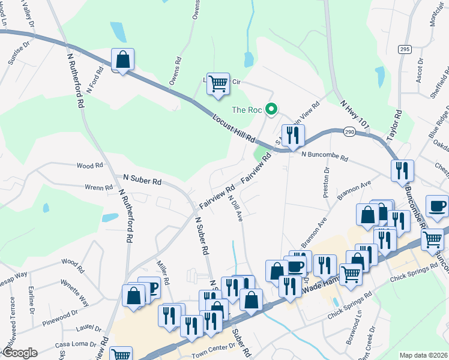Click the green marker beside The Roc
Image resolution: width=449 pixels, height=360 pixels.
[271, 109]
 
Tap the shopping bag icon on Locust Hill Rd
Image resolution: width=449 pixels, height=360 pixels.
[122, 60]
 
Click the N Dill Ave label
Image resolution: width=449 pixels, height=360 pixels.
[235, 208]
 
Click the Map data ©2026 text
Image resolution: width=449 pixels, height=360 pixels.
[424, 355]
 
